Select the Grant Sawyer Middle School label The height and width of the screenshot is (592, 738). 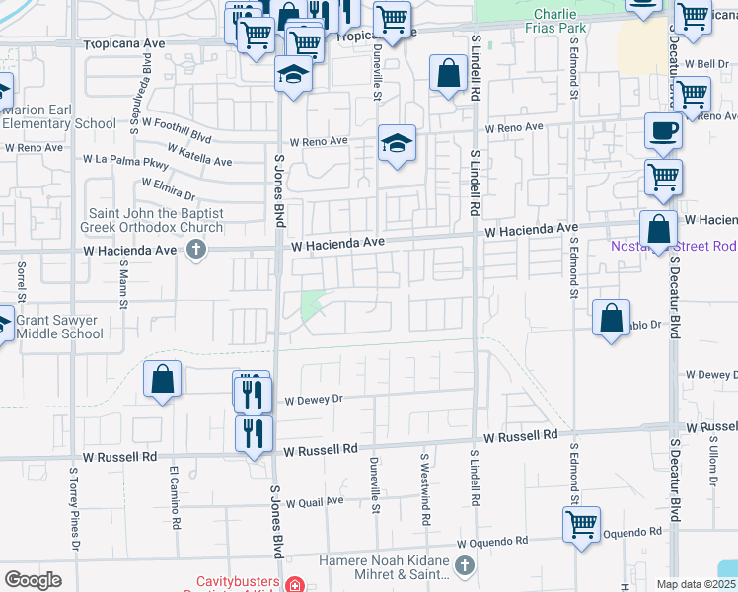(x=59, y=327)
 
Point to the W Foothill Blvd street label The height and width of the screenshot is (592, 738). (x=178, y=124)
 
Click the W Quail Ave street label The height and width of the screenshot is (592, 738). (x=314, y=500)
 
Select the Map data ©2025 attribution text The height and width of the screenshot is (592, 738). (x=695, y=584)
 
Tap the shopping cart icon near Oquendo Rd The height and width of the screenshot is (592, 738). (x=581, y=523)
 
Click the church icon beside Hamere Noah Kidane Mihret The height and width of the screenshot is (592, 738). (x=467, y=567)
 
